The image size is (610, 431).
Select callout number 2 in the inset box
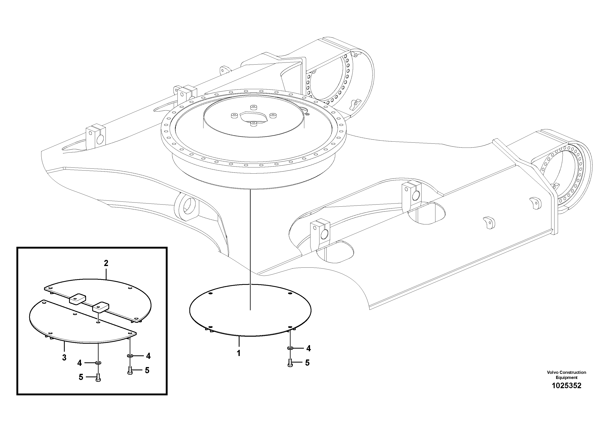[x=106, y=263]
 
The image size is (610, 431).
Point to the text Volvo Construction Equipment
[x=566, y=375]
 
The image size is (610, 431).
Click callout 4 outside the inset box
[x=308, y=348]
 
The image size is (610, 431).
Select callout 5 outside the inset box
[x=307, y=363]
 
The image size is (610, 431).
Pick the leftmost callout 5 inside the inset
[x=81, y=377]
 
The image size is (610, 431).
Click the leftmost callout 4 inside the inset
[x=80, y=363]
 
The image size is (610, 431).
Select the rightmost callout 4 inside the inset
[x=148, y=356]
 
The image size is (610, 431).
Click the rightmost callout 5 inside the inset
[x=147, y=370]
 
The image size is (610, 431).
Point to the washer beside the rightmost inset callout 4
[x=130, y=356]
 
